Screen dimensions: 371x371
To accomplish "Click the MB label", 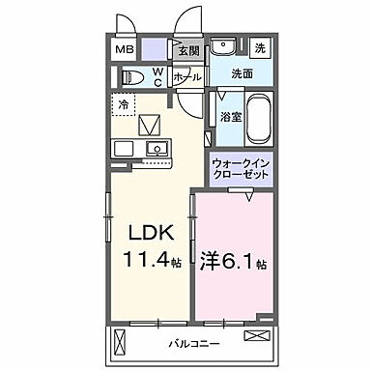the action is [x=127, y=50].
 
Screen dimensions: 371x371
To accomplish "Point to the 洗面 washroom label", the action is [x=243, y=74].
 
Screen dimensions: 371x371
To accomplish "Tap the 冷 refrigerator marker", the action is [x=124, y=102].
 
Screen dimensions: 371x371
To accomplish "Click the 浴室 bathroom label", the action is [x=231, y=115].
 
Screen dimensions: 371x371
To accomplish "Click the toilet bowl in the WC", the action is [x=135, y=76].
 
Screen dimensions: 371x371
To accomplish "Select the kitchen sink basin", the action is [x=155, y=149].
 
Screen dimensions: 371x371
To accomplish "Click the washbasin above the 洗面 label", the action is [x=225, y=47].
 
